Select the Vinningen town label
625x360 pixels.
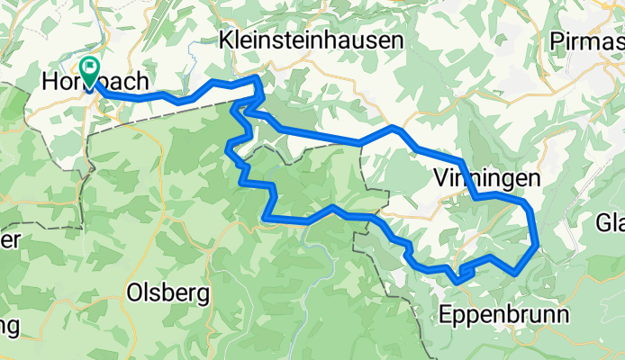pos(486,178)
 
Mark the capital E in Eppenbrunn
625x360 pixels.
pos(444,315)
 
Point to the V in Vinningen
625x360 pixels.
pos(439,178)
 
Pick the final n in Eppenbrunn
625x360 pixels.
pos(563,315)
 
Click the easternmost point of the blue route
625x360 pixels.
pos(538,242)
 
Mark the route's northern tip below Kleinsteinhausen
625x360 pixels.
pos(258,79)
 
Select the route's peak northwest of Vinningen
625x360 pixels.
pos(394,129)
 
